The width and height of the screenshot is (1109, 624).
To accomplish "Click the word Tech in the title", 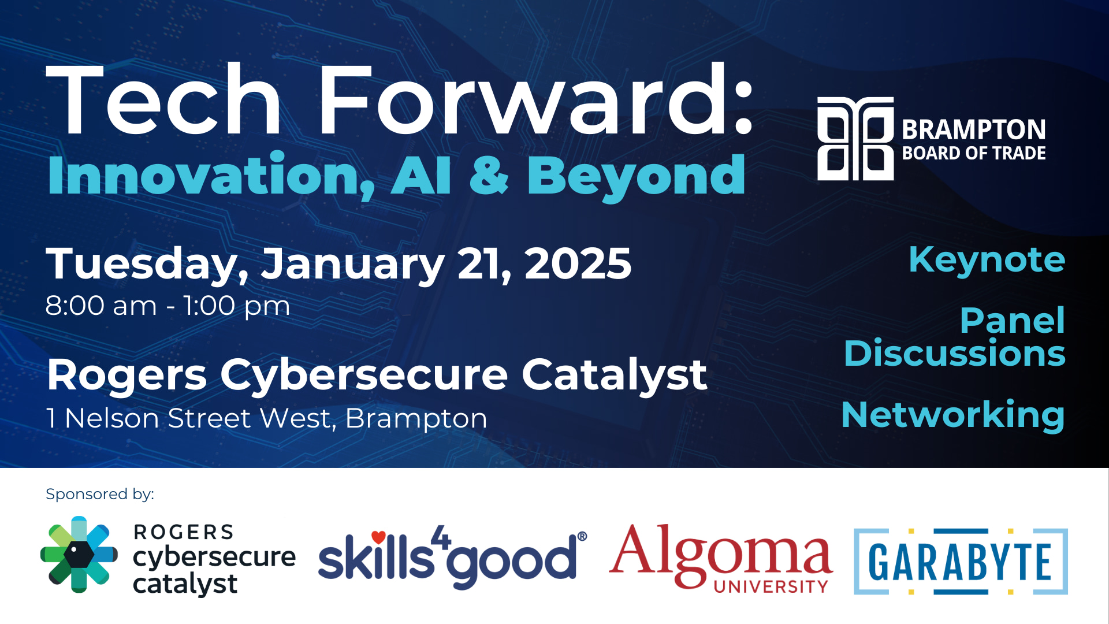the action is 163,99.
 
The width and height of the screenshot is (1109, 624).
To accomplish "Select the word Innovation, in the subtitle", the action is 211,175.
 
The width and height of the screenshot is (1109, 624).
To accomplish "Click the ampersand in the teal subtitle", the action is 489,175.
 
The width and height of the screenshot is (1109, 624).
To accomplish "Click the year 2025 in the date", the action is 578,263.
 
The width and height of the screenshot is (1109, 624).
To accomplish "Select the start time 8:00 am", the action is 101,305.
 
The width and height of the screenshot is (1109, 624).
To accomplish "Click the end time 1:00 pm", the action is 236,306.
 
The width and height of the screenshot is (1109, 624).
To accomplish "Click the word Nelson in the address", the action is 111,418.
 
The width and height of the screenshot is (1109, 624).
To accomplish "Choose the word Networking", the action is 953,415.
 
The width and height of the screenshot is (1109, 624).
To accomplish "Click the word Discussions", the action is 954,353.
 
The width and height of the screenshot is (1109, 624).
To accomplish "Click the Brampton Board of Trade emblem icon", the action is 855,139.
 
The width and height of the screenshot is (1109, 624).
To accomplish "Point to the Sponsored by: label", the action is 100,494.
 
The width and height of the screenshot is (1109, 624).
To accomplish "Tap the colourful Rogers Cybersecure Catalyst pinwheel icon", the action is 79,554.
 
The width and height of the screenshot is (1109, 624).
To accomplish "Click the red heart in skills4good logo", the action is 378,537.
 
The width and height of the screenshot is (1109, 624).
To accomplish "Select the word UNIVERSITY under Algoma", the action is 771,586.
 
